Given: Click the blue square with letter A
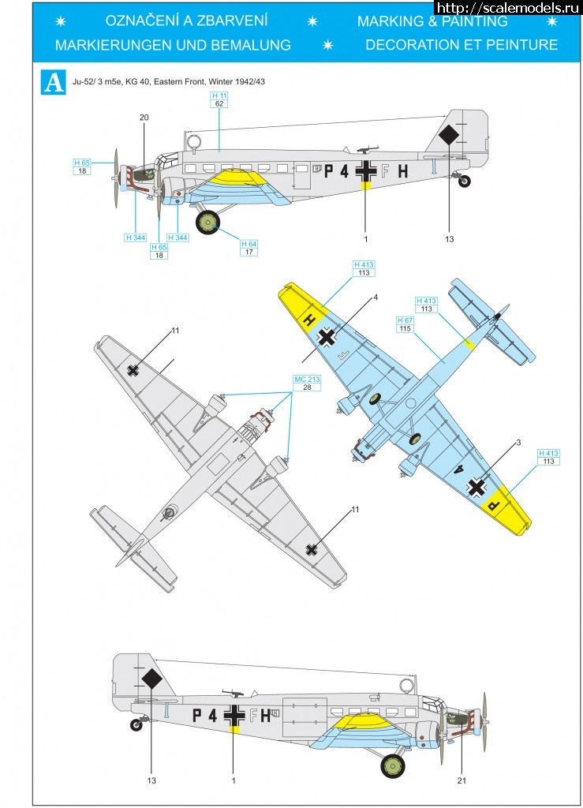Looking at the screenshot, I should (x=54, y=83).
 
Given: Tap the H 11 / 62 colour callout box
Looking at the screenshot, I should (x=219, y=99).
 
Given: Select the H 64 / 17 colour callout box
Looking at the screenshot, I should (x=249, y=248).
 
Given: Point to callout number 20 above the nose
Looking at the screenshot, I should (x=144, y=118).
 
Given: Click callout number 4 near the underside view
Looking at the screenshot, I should (x=376, y=297).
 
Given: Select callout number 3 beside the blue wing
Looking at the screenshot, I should (x=518, y=443).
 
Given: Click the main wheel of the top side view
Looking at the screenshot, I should (x=208, y=224).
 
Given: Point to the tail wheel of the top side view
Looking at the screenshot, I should (x=465, y=181).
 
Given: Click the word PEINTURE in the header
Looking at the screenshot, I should (x=516, y=44).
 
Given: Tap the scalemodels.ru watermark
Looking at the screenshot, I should (x=507, y=7).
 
